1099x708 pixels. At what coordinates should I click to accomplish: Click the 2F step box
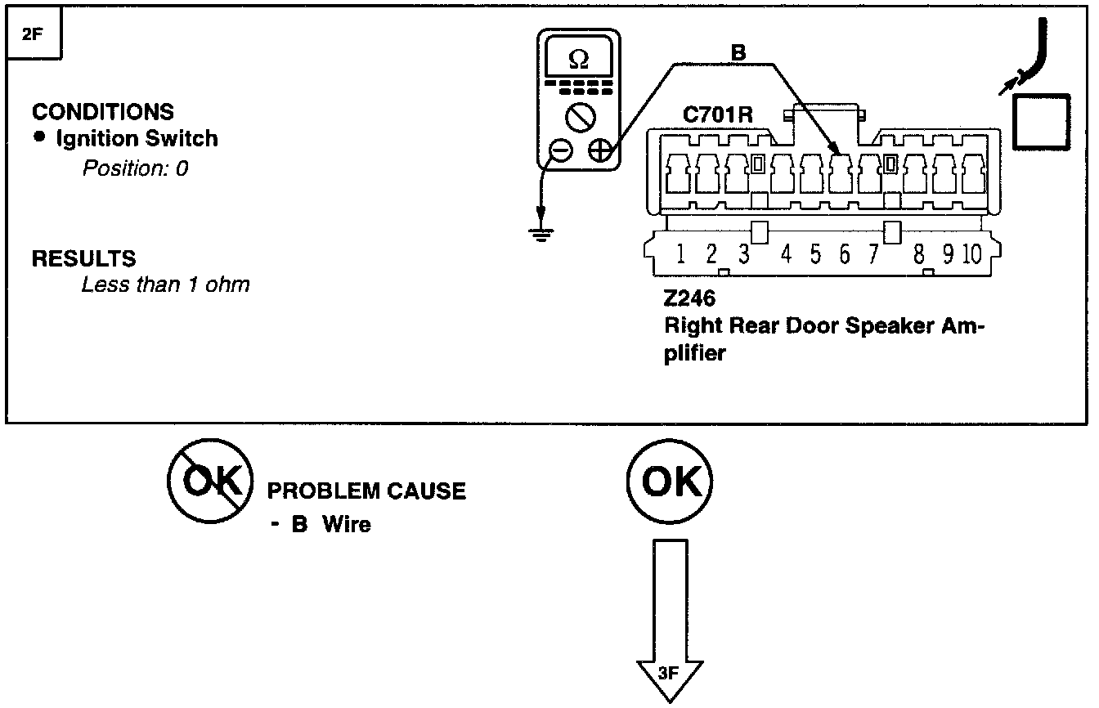coord(34,35)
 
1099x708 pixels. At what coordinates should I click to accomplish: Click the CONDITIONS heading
coord(103,112)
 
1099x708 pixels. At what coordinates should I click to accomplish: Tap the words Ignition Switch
coord(137,139)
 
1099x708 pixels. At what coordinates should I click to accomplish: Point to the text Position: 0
coord(135,168)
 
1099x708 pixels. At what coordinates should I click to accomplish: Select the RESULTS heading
coord(83,259)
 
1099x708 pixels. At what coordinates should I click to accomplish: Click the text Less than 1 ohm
coord(165,285)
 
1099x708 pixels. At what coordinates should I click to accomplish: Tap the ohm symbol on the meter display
coord(578,60)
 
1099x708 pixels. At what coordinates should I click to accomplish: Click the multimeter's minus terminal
coord(560,150)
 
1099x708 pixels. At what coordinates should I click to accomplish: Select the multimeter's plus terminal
coord(599,150)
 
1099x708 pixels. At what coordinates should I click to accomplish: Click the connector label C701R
coord(717,115)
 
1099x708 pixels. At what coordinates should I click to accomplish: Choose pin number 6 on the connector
coord(844,254)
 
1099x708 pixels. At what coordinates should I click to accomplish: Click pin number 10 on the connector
coord(971,254)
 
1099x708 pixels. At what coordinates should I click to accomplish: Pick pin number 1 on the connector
coord(680,254)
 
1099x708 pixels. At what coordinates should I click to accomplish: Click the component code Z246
coord(689,298)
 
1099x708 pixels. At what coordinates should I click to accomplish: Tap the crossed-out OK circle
coord(209,482)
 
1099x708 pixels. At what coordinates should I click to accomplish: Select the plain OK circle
coord(670,482)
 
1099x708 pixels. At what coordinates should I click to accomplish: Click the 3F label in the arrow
coord(669,674)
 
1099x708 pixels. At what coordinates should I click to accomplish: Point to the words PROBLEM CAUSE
coord(366,491)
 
